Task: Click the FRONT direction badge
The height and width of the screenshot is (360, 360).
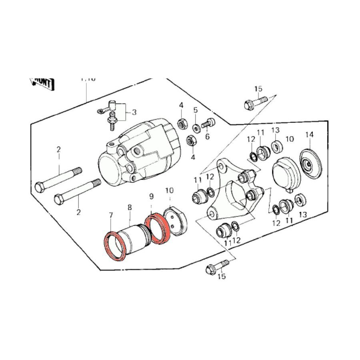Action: pyautogui.click(x=42, y=83)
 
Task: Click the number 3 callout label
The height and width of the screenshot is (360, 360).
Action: pyautogui.click(x=134, y=112)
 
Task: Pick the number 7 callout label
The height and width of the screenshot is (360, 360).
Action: pyautogui.click(x=111, y=216)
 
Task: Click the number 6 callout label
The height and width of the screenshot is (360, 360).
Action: pyautogui.click(x=207, y=137)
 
